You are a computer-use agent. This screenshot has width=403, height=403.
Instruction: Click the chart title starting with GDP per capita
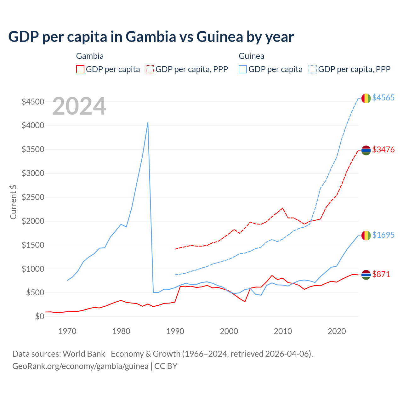pos(151,37)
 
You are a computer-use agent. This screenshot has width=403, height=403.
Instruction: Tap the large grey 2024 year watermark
pos(79,106)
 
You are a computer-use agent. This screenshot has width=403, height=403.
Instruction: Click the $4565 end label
pos(383,98)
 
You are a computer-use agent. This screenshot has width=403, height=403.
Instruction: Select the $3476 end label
pos(383,150)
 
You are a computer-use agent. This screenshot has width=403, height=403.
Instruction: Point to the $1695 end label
pos(383,235)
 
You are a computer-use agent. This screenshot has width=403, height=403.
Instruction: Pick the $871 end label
pos(381,274)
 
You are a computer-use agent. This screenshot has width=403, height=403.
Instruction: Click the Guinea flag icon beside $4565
pos(366,98)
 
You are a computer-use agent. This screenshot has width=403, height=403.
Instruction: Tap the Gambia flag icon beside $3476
pos(366,150)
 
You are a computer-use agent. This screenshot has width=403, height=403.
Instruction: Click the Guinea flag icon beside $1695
pos(366,235)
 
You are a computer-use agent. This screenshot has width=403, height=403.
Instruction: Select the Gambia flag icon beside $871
pos(366,275)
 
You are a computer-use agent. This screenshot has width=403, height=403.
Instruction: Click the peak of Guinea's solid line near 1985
pos(148,123)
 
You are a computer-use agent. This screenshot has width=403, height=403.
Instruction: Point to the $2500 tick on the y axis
pos(33,197)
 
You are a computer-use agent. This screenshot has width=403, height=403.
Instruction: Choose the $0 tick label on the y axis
pos(39,316)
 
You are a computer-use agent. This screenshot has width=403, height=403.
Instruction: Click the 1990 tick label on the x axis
pos(175,331)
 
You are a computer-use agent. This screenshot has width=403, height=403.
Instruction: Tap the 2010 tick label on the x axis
pos(283,331)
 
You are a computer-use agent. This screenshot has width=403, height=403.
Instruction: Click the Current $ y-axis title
pos(13,202)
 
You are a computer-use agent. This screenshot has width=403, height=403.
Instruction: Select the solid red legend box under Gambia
pos(80,69)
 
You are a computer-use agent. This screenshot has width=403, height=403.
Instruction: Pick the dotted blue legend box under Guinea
pos(313,69)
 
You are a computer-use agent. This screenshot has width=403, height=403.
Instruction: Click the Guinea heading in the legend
pos(251,56)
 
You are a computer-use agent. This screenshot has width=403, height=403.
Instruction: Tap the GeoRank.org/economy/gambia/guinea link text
pos(80,366)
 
